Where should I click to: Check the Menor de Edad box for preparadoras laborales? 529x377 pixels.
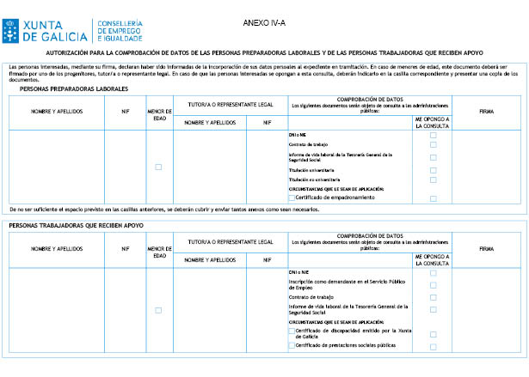(158, 167)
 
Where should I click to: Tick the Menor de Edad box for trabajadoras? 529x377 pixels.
(158, 310)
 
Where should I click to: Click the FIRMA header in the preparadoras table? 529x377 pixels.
(487, 112)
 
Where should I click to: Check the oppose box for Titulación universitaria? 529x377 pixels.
(433, 169)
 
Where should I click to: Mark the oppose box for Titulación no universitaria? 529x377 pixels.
(433, 179)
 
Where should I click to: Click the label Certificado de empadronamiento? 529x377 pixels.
(335, 198)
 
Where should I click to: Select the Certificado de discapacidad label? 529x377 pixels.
(349, 333)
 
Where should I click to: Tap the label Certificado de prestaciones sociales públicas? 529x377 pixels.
(345, 346)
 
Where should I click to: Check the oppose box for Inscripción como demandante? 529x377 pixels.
(433, 284)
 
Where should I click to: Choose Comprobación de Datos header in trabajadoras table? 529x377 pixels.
(371, 237)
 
